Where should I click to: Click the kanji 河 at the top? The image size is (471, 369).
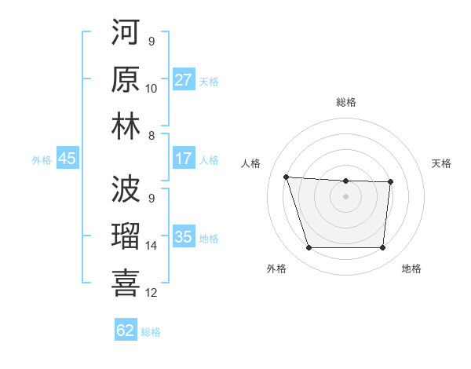[x=126, y=34]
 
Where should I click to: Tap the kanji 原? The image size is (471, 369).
[x=126, y=79]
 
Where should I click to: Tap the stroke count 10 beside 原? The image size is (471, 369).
[x=152, y=89]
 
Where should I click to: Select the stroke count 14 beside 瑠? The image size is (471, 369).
[x=152, y=246]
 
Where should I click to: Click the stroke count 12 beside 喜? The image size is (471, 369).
[x=152, y=293]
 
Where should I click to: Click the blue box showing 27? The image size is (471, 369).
[x=184, y=80]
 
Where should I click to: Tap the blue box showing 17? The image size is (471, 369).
[x=184, y=159]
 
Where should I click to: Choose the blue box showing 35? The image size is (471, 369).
[x=184, y=237]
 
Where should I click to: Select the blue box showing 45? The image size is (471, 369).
[x=67, y=159]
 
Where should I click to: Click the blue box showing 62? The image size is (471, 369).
[x=126, y=331]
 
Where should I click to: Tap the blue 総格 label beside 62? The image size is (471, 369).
[x=151, y=332]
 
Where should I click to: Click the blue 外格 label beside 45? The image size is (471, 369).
[x=42, y=160]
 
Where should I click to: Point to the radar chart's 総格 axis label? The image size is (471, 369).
[x=345, y=102]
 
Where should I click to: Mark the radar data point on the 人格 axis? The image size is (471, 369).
[x=286, y=177]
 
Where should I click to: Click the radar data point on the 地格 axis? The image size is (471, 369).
[x=382, y=248]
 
